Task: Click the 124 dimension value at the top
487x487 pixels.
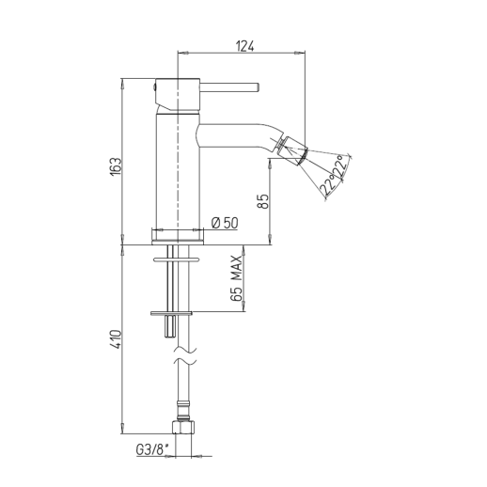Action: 244,46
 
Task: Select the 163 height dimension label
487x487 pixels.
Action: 116,166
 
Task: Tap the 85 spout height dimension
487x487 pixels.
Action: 263,201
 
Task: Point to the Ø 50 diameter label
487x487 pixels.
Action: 225,223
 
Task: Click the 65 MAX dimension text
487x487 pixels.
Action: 237,278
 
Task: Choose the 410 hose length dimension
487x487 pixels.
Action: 116,339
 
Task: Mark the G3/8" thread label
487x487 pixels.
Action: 152,450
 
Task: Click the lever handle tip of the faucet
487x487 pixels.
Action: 257,87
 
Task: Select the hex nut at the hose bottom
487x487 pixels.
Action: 183,427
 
